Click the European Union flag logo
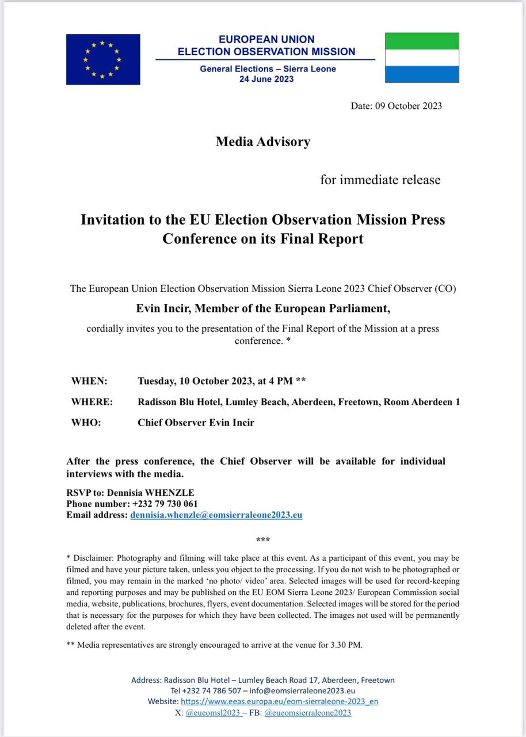[103, 59]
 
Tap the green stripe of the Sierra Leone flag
[422, 41]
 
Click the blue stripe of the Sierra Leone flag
[422, 74]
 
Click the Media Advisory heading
[263, 142]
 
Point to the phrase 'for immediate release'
[380, 180]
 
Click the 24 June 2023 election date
[266, 79]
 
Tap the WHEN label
[89, 381]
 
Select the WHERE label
[92, 402]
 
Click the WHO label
[86, 423]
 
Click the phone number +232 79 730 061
[165, 504]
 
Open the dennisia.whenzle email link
[216, 515]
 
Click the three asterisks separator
[263, 540]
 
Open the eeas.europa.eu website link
[280, 701]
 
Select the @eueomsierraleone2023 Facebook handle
[307, 712]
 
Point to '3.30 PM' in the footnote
[343, 644]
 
